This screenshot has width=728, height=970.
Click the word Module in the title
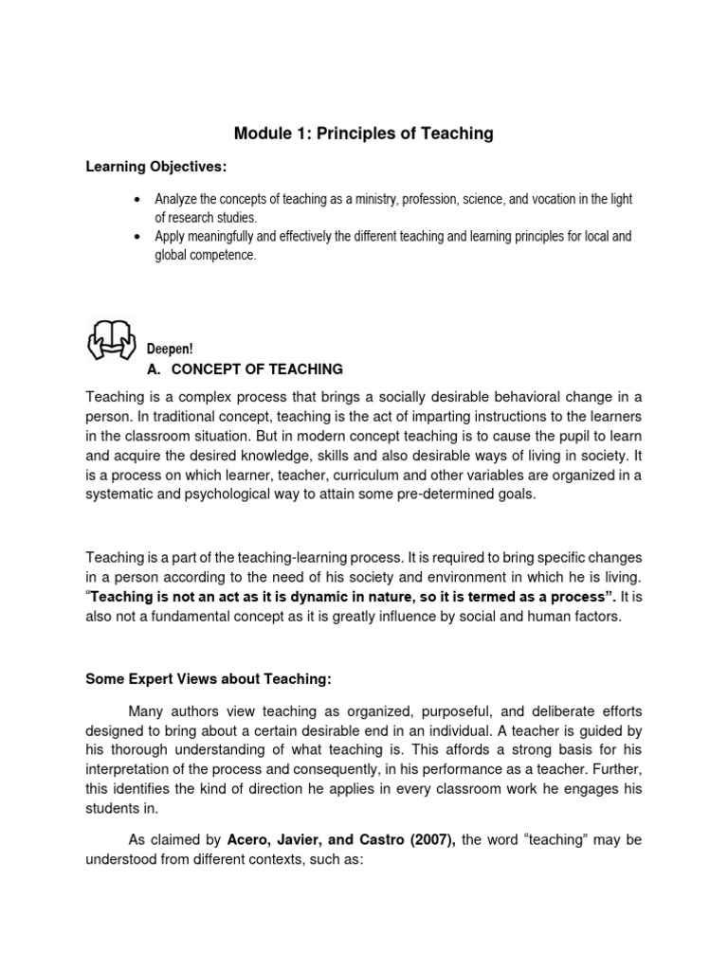click(262, 134)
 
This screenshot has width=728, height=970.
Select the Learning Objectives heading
click(156, 167)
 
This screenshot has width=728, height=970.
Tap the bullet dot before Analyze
click(137, 200)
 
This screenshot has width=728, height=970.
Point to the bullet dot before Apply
click(137, 237)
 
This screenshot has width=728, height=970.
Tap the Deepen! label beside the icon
click(170, 350)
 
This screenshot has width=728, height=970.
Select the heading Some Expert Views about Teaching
click(201, 678)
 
